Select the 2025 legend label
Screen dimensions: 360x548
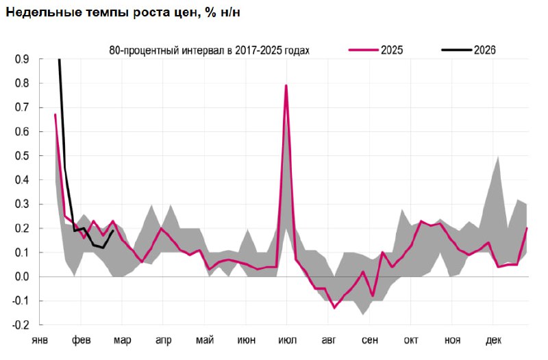[x=392, y=50]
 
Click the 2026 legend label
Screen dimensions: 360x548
[x=484, y=50]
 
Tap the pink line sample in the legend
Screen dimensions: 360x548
[x=363, y=50]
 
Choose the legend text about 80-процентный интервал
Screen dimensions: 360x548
[x=210, y=50]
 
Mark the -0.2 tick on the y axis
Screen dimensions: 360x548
[x=20, y=325]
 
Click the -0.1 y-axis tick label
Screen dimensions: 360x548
[x=20, y=301]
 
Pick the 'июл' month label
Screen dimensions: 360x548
[x=287, y=340]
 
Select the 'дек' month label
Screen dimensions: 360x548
[x=493, y=340]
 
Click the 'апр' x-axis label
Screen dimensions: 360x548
[x=163, y=340]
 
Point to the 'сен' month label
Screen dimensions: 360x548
[x=370, y=340]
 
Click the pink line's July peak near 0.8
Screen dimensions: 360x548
[x=286, y=86]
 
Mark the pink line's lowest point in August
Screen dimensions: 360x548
[x=334, y=307]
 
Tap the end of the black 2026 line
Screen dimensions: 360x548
[x=113, y=231]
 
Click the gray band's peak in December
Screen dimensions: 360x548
[x=498, y=157]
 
